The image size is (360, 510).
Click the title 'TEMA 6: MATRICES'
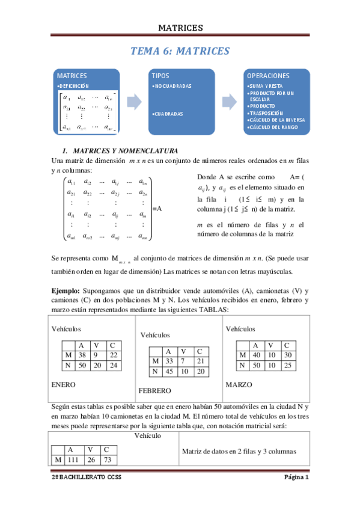(x=180, y=51)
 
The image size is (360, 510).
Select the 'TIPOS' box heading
(x=160, y=76)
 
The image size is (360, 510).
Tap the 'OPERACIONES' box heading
(x=269, y=76)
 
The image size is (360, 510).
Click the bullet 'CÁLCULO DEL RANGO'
(x=277, y=126)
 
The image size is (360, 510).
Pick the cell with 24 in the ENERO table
(x=112, y=365)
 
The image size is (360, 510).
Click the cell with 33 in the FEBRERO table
(x=169, y=361)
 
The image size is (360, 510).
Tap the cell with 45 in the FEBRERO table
(x=169, y=371)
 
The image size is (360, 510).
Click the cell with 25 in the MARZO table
(x=288, y=365)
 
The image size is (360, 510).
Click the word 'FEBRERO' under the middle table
(x=154, y=391)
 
